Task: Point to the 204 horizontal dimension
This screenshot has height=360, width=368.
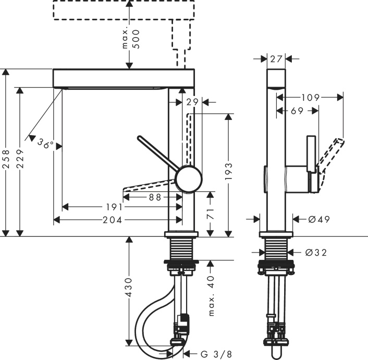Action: [116, 220]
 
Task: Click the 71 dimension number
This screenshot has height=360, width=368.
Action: [210, 213]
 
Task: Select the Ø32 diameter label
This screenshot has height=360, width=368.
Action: [316, 253]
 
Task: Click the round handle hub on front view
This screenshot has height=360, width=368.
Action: [189, 180]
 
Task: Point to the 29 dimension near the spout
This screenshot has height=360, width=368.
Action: [192, 102]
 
